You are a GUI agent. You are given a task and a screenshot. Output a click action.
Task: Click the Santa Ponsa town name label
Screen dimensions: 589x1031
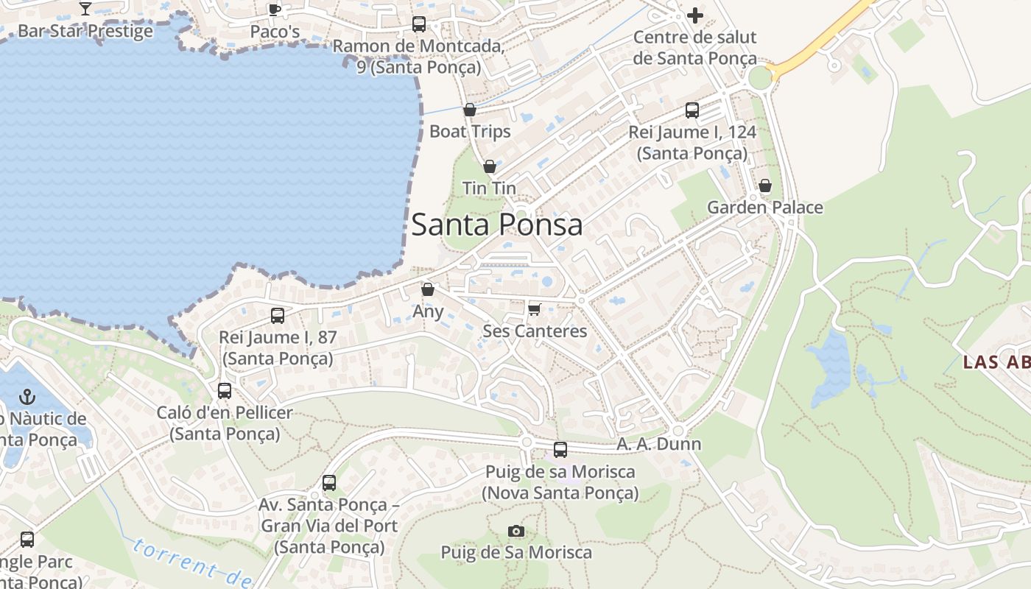point(496,225)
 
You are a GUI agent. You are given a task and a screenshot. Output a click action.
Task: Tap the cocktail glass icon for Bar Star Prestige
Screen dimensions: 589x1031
point(85,9)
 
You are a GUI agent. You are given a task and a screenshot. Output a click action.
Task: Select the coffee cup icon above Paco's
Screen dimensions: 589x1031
point(275,10)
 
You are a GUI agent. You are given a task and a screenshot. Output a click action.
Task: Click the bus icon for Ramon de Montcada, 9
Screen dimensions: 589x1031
point(418,24)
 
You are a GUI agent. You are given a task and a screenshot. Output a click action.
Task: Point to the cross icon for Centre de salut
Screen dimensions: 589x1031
point(694,15)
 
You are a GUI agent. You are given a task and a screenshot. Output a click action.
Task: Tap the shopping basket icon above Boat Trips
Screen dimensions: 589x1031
point(470,110)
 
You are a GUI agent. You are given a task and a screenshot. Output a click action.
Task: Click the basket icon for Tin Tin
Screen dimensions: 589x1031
point(489,167)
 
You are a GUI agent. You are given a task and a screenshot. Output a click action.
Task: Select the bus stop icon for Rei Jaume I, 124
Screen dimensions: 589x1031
point(692,110)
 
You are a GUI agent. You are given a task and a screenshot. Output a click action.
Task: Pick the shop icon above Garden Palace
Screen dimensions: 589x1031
point(765,186)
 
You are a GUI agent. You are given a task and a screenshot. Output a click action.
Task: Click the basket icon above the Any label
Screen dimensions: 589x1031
point(428,290)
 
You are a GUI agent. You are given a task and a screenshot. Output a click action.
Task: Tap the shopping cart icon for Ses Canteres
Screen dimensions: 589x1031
point(535,308)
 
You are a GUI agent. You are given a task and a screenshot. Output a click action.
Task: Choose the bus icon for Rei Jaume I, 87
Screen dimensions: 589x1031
point(278,316)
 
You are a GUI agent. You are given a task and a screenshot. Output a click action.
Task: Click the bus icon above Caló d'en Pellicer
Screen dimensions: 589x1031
point(225,391)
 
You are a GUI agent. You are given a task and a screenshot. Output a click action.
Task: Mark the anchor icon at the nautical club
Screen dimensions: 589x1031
point(27,397)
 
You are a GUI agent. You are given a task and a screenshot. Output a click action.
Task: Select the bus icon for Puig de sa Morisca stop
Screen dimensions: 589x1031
point(560,450)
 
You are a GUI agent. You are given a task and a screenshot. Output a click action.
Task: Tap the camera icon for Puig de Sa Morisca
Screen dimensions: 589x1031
point(516,531)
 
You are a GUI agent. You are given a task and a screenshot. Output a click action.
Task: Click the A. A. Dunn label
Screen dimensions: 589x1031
point(658,444)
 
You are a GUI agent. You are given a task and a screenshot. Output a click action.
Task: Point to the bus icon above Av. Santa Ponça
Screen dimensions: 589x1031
point(329,483)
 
